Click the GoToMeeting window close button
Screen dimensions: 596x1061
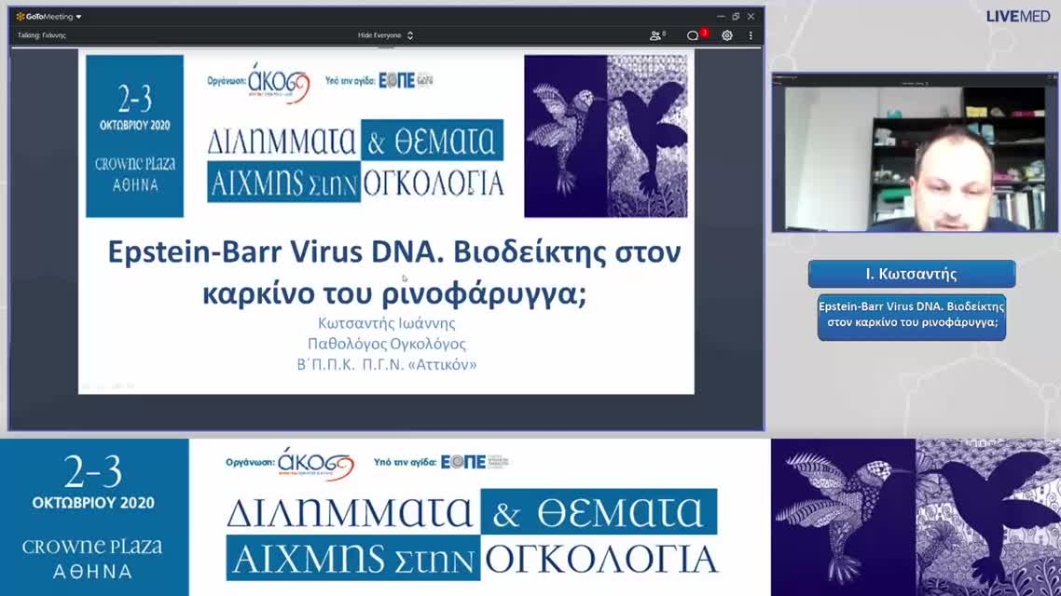(751, 16)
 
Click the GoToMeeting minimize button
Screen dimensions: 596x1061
(720, 16)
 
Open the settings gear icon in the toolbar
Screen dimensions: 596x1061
(726, 35)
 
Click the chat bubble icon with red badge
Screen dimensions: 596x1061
(694, 35)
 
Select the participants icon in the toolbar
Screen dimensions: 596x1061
(657, 35)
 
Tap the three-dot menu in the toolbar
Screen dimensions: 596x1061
(751, 35)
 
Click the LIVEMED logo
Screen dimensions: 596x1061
(1018, 16)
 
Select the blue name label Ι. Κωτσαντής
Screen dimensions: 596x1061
(911, 274)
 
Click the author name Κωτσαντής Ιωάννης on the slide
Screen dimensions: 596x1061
(386, 323)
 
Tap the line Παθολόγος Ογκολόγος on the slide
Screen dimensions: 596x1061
(386, 344)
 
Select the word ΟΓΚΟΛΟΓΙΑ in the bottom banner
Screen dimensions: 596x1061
(601, 559)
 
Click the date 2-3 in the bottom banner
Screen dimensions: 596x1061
(93, 473)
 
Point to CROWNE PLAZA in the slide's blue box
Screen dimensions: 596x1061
(135, 164)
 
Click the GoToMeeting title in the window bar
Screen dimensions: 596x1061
(48, 16)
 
